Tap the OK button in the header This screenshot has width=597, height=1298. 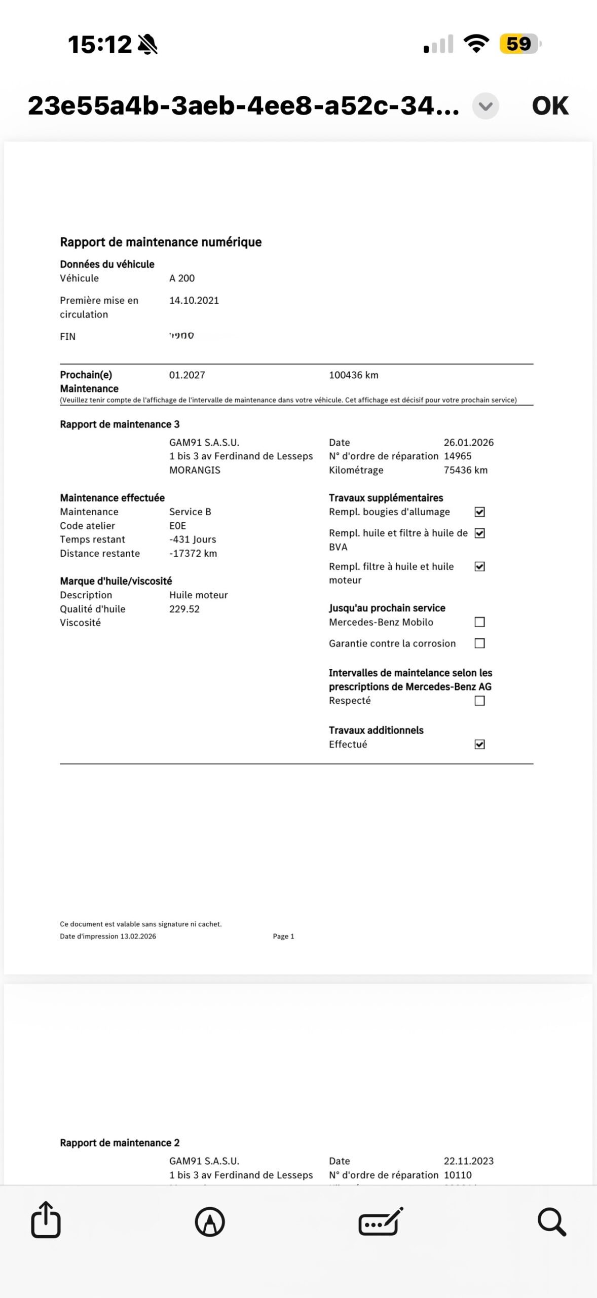(x=550, y=106)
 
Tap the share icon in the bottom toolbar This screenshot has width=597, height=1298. (x=46, y=1220)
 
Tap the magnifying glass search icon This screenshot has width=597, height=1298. (x=551, y=1221)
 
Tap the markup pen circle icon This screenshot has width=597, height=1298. (x=210, y=1221)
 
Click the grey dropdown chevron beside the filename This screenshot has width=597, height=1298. (x=486, y=106)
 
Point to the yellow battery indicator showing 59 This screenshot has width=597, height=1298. (x=519, y=44)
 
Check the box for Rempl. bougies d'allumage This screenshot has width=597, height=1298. (x=479, y=512)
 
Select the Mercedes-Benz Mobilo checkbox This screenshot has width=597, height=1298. (x=479, y=622)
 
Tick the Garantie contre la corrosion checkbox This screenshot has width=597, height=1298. (x=479, y=643)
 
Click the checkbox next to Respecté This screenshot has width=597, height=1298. (x=479, y=701)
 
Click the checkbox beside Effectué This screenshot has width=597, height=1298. (x=479, y=744)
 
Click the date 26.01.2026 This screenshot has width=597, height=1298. (x=468, y=443)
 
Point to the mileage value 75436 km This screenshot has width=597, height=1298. (x=465, y=470)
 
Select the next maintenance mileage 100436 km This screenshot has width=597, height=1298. (x=353, y=375)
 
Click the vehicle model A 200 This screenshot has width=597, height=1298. (x=182, y=278)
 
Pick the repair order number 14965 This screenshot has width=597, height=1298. (x=457, y=456)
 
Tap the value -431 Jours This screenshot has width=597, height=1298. (x=193, y=539)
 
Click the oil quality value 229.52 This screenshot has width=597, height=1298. (x=184, y=609)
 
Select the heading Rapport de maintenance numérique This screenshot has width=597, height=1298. (x=161, y=242)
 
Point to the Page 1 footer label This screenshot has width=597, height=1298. (x=283, y=936)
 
